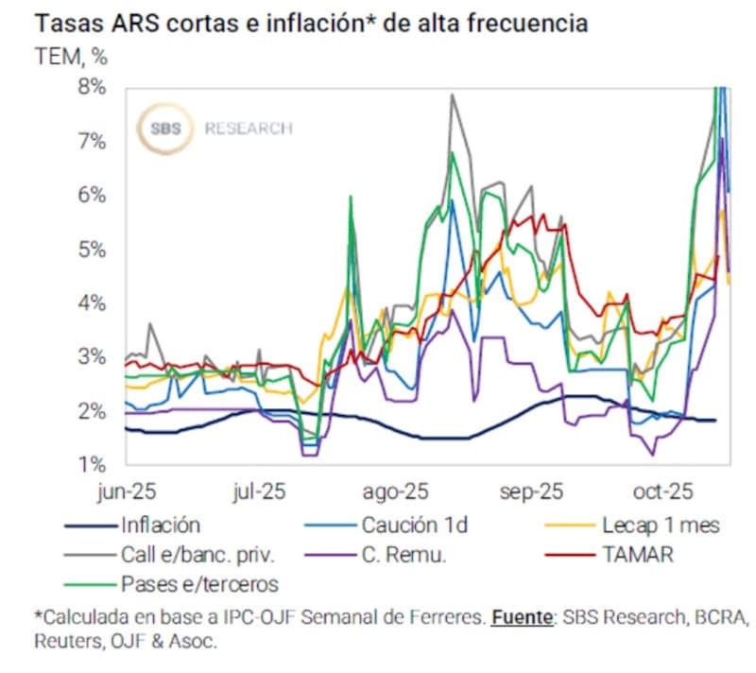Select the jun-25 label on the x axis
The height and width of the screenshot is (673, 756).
tap(126, 492)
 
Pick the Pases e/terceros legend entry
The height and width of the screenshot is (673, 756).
tap(198, 583)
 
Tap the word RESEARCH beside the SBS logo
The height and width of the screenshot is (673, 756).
tap(248, 129)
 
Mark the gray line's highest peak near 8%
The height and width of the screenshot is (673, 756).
tap(453, 95)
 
